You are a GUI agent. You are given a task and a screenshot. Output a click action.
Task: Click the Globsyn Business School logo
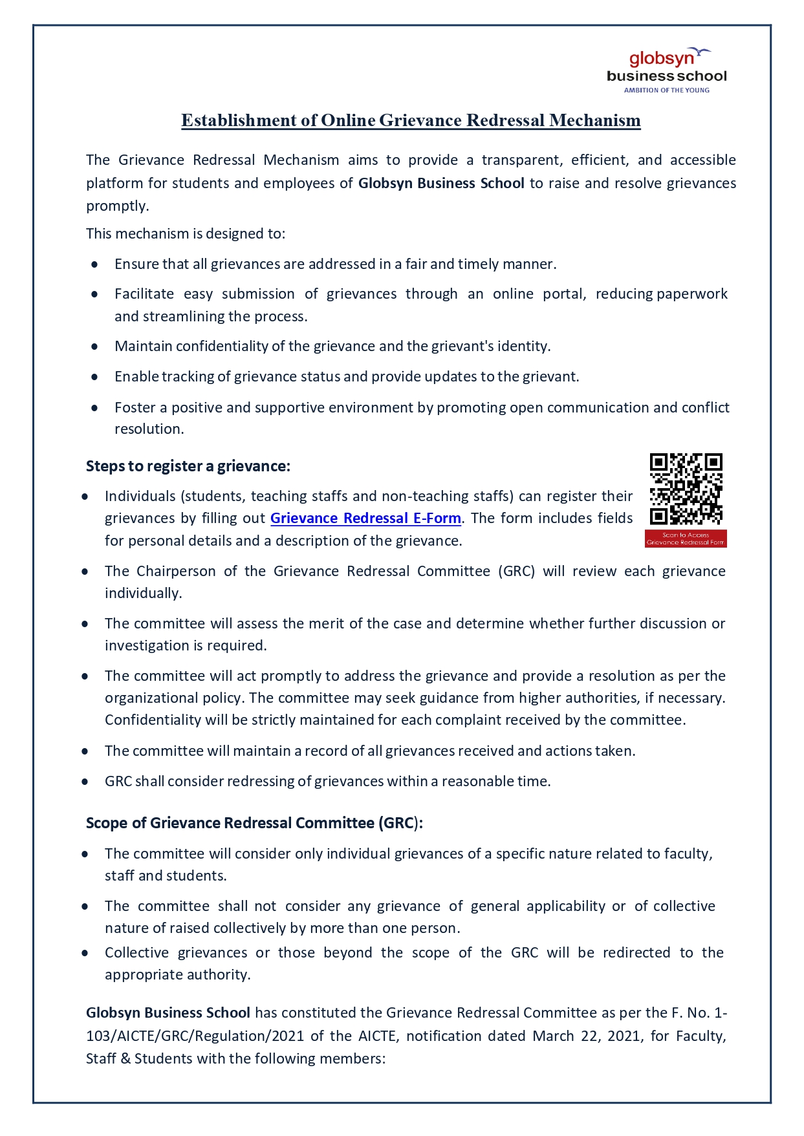click(x=666, y=70)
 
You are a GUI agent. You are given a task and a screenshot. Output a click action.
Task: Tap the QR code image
click(x=686, y=489)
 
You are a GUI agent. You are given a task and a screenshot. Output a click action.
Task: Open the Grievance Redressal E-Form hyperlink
click(x=365, y=519)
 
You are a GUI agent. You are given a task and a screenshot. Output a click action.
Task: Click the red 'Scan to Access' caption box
click(x=686, y=539)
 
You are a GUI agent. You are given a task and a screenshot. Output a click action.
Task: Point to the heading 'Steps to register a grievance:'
click(x=188, y=466)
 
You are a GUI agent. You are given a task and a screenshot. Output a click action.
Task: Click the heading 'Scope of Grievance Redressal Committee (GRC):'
click(x=254, y=823)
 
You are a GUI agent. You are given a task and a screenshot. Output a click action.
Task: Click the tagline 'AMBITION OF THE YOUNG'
click(x=666, y=91)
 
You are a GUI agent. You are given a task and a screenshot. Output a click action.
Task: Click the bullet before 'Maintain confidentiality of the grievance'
click(x=95, y=347)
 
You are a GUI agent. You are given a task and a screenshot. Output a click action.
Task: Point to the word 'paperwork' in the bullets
click(x=692, y=294)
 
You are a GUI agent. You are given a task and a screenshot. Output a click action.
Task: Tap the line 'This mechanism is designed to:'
click(x=186, y=234)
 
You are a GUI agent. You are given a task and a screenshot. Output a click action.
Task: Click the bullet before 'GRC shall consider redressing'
click(x=85, y=782)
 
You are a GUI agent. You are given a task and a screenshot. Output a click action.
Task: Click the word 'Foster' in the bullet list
click(x=135, y=408)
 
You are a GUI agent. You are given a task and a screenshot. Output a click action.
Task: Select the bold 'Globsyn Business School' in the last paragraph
click(x=168, y=1013)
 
